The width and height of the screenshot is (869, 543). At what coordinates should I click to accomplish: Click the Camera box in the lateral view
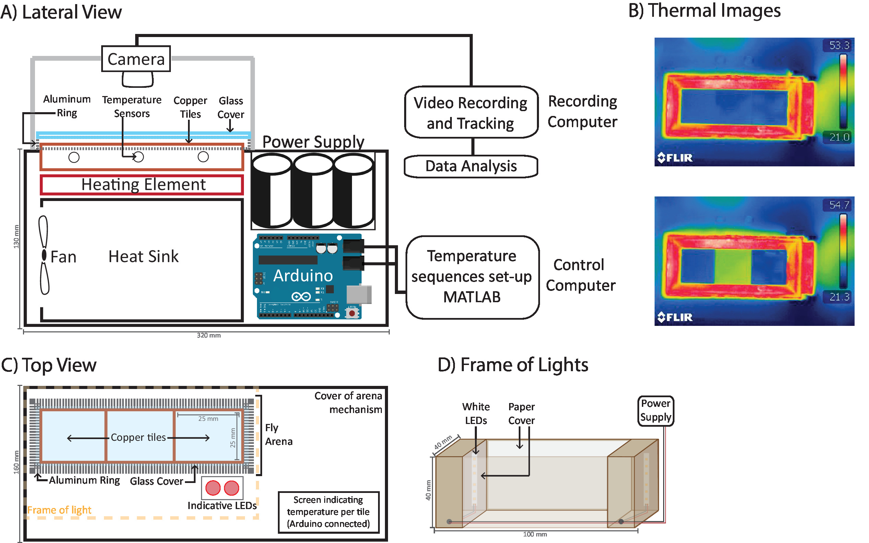[136, 59]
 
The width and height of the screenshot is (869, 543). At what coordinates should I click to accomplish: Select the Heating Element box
[142, 185]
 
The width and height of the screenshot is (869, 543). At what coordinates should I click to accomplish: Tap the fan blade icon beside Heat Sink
[44, 255]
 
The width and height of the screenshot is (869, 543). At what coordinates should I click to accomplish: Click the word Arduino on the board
[303, 276]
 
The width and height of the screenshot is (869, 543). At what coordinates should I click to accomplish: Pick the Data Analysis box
[471, 166]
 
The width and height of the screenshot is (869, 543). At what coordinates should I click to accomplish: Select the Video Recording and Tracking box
[471, 113]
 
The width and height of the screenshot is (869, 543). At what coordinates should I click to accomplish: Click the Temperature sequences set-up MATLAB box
[472, 277]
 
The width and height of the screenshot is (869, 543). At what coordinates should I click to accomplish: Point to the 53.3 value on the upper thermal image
[839, 45]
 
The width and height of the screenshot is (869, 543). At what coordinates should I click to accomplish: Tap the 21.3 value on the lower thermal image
[839, 297]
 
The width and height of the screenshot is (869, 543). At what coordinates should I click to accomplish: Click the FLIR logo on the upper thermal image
[675, 158]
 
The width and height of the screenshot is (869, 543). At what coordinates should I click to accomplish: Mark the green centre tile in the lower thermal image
[732, 266]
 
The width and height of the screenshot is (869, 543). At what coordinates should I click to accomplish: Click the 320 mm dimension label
[209, 335]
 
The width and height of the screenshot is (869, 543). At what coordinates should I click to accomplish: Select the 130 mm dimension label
[16, 236]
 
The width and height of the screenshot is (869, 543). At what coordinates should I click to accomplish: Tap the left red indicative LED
[213, 488]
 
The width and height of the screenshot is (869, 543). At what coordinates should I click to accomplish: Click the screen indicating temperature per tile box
[329, 512]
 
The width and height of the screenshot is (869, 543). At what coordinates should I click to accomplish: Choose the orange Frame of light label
[59, 510]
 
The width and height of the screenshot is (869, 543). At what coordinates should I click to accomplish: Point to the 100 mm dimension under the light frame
[535, 534]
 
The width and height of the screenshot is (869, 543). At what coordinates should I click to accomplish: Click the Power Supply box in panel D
[655, 411]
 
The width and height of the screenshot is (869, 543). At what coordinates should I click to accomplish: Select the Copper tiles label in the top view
[138, 437]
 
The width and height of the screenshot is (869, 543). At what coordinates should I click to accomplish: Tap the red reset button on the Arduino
[352, 313]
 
